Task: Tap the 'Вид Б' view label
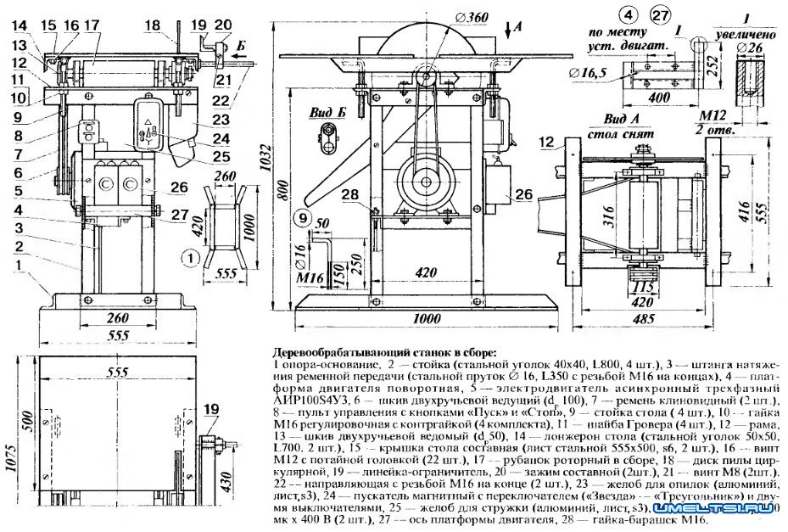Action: [327, 112]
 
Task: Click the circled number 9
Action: [302, 218]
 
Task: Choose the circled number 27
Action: [660, 14]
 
